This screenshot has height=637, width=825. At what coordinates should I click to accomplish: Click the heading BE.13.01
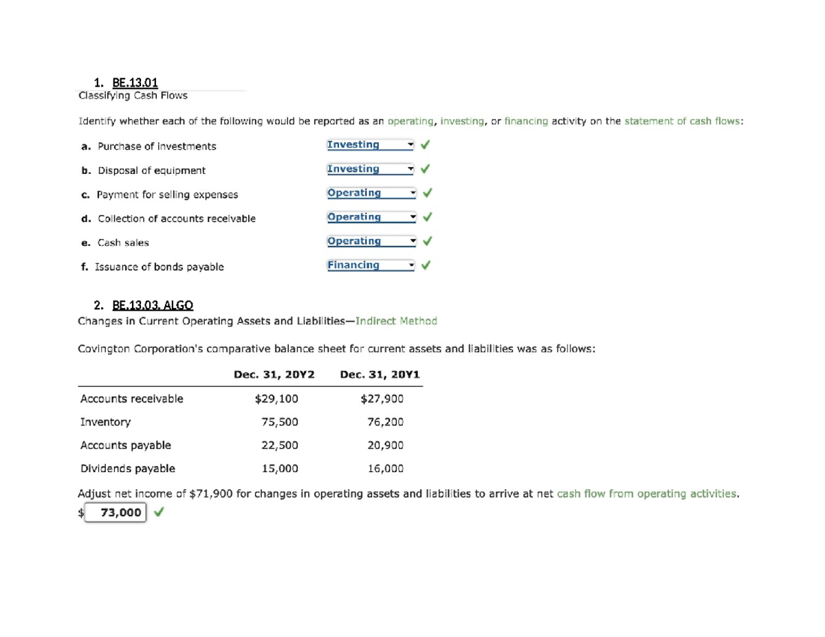click(x=135, y=82)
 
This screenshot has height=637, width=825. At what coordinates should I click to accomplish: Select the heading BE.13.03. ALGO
click(x=153, y=305)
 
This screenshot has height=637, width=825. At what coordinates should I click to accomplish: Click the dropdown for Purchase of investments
click(x=371, y=145)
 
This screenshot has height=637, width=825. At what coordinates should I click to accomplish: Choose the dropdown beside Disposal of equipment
click(x=371, y=169)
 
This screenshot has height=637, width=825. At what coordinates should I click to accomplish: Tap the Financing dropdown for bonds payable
click(x=371, y=265)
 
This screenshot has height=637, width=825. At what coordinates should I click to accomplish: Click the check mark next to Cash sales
click(x=426, y=241)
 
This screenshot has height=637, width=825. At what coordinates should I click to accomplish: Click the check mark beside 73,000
click(x=159, y=512)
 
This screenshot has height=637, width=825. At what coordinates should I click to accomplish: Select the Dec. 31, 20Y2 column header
click(x=274, y=375)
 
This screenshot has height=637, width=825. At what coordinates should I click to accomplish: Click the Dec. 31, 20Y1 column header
click(x=379, y=375)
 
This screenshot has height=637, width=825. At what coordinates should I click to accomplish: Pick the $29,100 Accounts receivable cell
click(x=276, y=399)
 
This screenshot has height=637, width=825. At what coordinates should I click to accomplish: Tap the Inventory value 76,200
click(x=386, y=422)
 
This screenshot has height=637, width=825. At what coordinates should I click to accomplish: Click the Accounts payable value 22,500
click(x=280, y=445)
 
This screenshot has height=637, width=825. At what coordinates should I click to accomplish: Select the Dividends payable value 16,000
click(x=386, y=469)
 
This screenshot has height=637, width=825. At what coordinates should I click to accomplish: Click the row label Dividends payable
click(x=127, y=469)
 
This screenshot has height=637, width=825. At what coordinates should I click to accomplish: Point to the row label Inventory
click(x=105, y=422)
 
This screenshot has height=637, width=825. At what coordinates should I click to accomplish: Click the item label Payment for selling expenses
click(x=167, y=194)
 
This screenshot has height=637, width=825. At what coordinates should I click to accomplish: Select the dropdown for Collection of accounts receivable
click(x=371, y=217)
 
